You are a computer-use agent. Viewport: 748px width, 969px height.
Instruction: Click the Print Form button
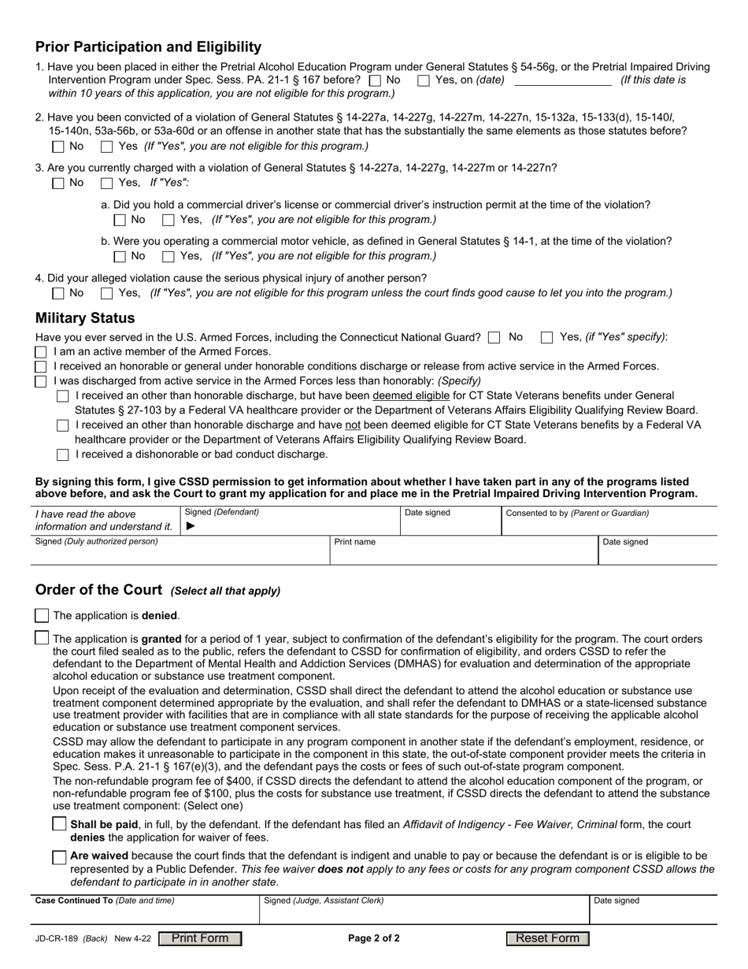click(x=200, y=938)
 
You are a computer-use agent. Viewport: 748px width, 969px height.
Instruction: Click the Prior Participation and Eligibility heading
click(x=148, y=46)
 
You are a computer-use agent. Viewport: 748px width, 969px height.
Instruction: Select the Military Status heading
click(x=85, y=318)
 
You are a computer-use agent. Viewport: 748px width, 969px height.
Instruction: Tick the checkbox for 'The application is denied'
click(x=43, y=615)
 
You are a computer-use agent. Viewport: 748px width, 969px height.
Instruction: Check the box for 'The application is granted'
click(x=43, y=638)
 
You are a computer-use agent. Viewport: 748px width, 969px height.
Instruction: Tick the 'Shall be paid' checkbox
click(x=59, y=824)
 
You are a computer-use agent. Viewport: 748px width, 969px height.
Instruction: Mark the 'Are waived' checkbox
click(x=59, y=857)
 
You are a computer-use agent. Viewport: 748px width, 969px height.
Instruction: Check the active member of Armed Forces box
click(x=41, y=352)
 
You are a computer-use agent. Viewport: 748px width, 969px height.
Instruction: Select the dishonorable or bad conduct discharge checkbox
click(x=63, y=455)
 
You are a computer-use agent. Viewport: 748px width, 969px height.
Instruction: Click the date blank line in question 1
click(x=562, y=80)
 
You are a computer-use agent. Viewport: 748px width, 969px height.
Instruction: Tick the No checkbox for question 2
click(x=58, y=147)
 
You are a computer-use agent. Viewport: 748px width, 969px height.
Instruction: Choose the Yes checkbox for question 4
click(x=107, y=293)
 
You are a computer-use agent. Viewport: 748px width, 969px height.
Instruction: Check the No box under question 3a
click(x=120, y=220)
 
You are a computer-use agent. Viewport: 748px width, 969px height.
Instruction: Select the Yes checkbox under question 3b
click(x=168, y=256)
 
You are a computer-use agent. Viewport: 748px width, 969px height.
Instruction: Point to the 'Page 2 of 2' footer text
click(x=374, y=938)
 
